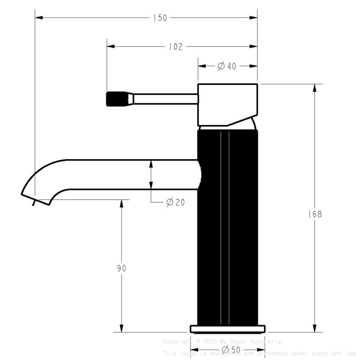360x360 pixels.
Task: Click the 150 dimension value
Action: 160,18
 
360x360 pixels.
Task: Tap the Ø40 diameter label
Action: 227,66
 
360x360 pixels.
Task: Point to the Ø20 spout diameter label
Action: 175,202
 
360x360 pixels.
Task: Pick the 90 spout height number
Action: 122,269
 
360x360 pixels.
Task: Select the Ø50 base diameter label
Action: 231,350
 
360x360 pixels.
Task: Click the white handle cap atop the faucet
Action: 227,104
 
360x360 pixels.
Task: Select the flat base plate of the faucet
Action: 227,329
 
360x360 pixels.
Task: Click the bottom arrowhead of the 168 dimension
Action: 314,329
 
